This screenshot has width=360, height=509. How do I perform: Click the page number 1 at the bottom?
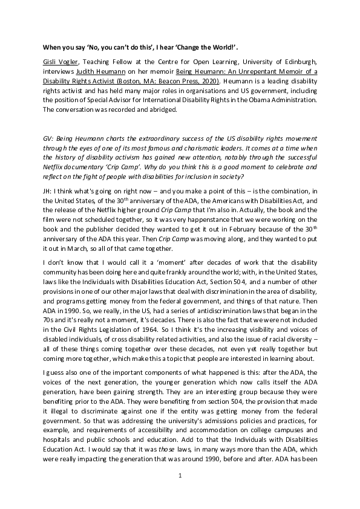[180, 476]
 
